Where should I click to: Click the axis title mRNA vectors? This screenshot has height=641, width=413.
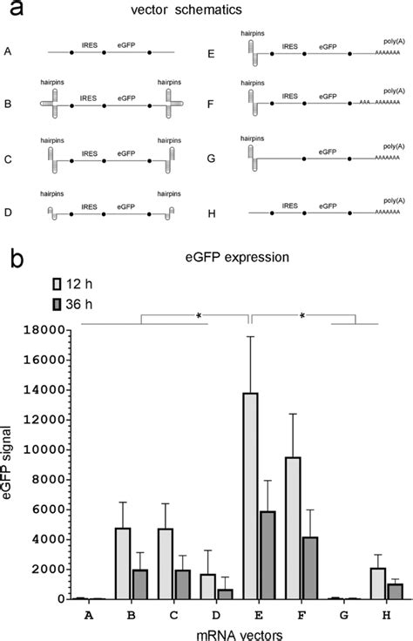tap(211, 633)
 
